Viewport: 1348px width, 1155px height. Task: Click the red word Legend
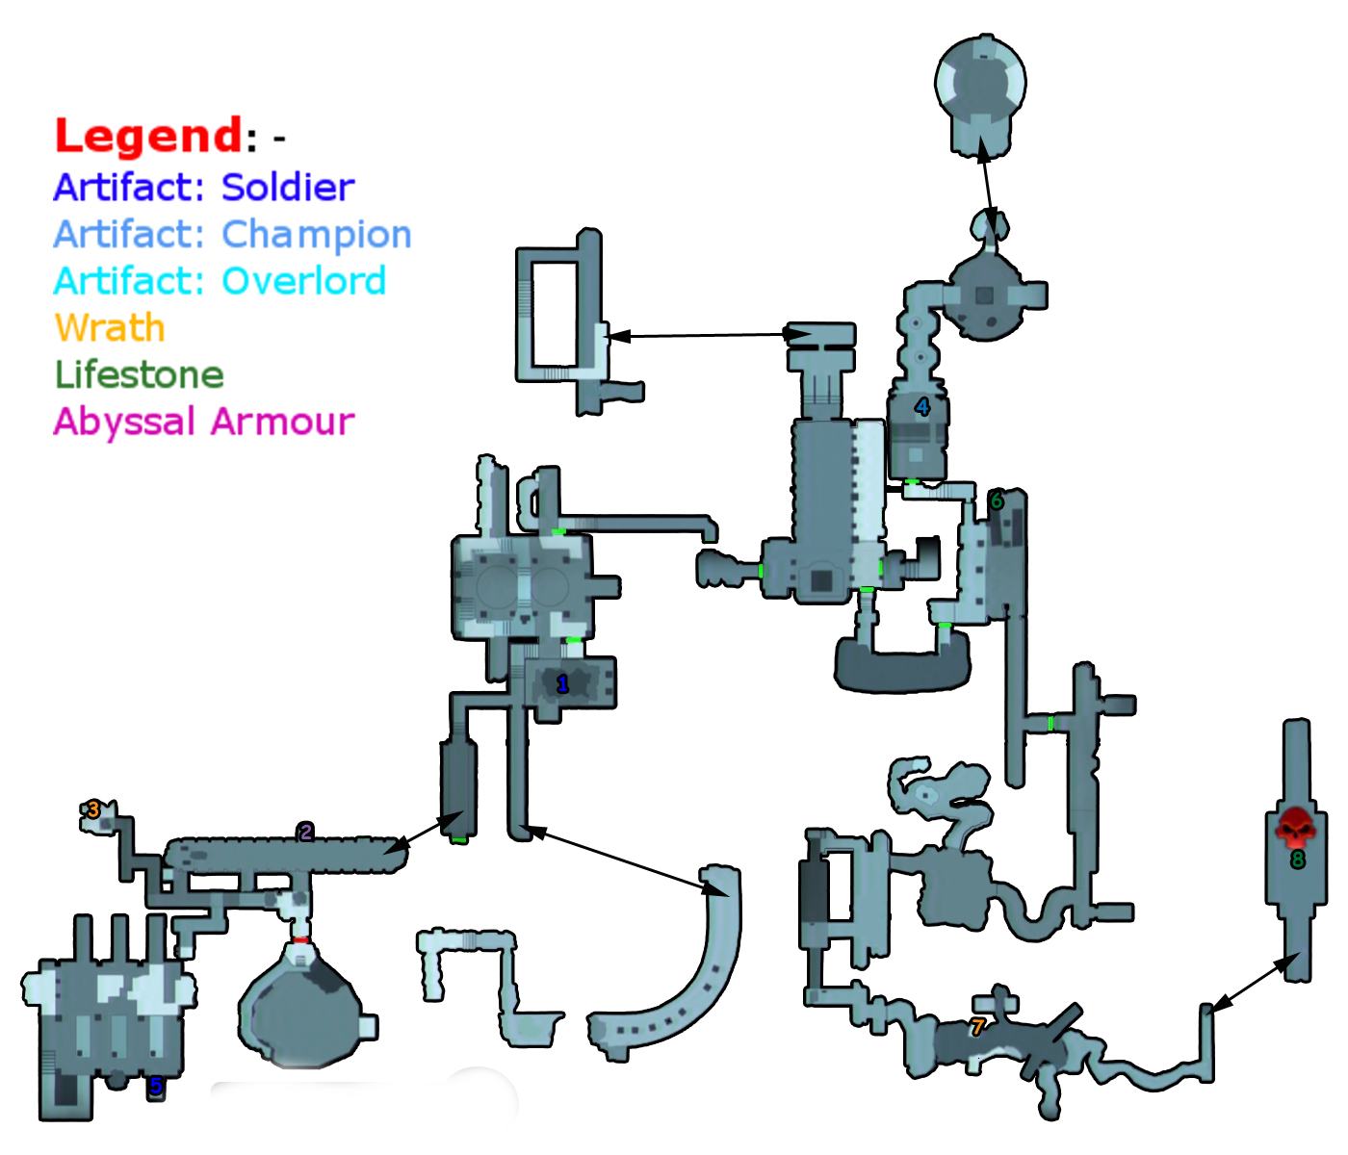click(148, 136)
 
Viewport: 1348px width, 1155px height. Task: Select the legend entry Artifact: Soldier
click(204, 187)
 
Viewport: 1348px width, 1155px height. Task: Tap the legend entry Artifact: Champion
click(232, 234)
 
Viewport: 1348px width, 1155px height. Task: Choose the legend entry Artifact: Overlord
click(220, 281)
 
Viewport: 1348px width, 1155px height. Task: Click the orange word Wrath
click(110, 328)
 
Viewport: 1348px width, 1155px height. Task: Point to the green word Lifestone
click(140, 374)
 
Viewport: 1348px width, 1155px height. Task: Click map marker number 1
click(562, 684)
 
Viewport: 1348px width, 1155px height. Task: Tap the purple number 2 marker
click(305, 833)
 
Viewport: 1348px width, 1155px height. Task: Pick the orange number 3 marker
click(93, 810)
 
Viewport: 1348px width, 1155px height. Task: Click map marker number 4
click(921, 407)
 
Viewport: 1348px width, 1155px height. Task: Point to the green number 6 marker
click(997, 500)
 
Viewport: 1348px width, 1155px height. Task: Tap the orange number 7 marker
click(977, 1028)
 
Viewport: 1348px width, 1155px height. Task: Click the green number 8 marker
click(1298, 860)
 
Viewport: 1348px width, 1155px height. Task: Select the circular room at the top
click(980, 83)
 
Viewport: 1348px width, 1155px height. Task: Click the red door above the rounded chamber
click(301, 939)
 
